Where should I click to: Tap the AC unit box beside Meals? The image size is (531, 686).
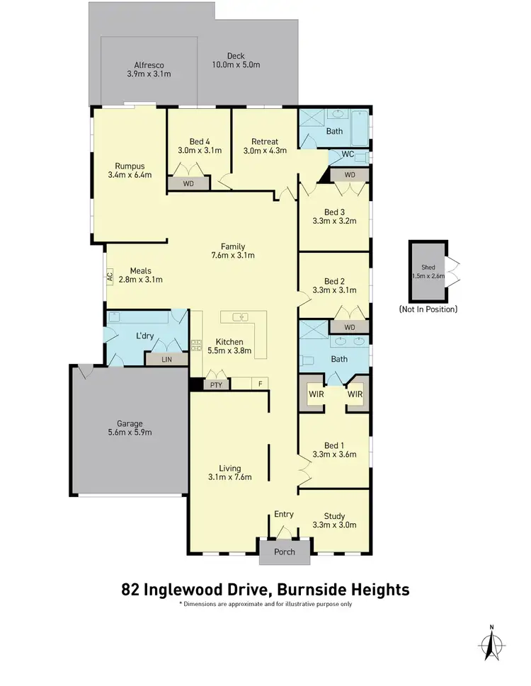[110, 277]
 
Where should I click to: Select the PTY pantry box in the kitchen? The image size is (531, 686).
[216, 384]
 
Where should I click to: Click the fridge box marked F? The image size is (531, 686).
[261, 384]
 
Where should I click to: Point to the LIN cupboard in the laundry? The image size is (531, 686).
[166, 360]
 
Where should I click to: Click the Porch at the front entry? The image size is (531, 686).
[284, 551]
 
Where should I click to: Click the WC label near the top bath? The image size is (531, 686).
[348, 154]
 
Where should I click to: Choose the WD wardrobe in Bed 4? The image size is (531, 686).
[188, 183]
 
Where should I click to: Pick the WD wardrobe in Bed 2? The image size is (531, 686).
[349, 327]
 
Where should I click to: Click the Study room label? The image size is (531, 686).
[334, 515]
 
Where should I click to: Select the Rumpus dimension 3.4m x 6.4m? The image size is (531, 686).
[129, 174]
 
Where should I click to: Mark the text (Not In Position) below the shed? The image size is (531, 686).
[428, 309]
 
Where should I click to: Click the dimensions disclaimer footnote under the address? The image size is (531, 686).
[265, 605]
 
